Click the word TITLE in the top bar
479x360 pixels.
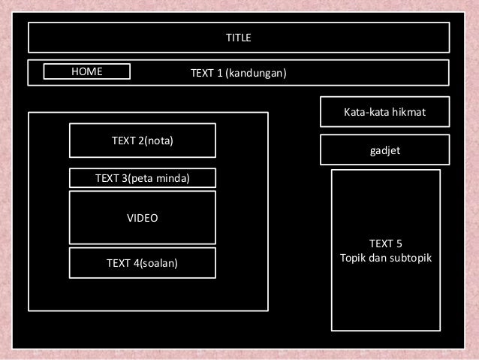(x=239, y=37)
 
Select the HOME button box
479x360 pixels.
(x=86, y=71)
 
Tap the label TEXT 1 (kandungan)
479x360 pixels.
(x=238, y=73)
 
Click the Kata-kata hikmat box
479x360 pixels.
(x=384, y=112)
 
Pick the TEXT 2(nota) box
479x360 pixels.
(x=142, y=141)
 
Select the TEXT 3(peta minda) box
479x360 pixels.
(x=142, y=178)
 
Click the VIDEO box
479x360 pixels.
(x=142, y=218)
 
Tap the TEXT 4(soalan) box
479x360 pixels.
(x=142, y=263)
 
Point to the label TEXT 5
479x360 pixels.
(x=386, y=244)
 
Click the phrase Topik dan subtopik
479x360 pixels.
(x=386, y=258)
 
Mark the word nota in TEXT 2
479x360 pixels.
(x=169, y=141)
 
